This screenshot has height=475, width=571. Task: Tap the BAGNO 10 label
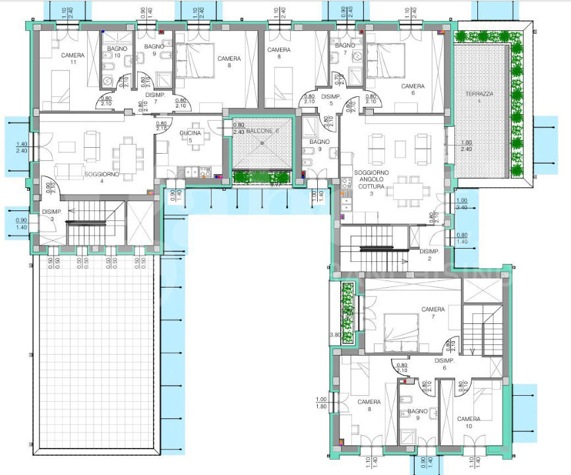[117, 52]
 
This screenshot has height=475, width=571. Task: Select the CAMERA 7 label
[433, 313]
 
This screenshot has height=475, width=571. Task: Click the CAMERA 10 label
[469, 422]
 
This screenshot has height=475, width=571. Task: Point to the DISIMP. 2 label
[429, 255]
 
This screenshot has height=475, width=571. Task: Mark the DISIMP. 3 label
[51, 215]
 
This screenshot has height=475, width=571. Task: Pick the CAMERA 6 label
[413, 90]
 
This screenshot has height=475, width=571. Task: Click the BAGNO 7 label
[344, 48]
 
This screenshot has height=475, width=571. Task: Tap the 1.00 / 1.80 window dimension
[321, 402]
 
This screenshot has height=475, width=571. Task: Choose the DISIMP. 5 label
[330, 100]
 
